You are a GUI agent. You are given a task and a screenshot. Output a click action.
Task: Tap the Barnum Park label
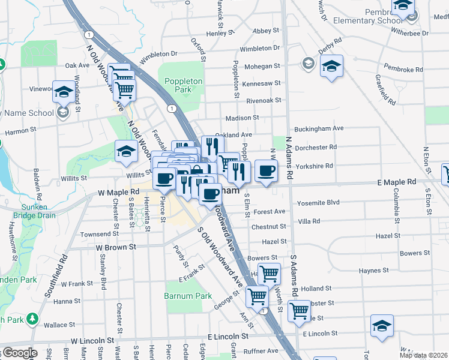[x=188, y=296]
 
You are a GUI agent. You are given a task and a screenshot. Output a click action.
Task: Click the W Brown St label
[x=112, y=247]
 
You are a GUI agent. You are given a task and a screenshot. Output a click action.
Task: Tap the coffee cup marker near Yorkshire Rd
[x=266, y=170]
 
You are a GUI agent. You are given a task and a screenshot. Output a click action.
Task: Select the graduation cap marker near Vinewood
[x=63, y=91]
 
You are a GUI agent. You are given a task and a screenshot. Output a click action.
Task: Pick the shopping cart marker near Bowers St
[x=270, y=274]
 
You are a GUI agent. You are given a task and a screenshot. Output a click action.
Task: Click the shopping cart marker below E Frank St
[x=257, y=296]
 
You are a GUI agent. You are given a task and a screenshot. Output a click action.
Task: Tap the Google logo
[x=19, y=353]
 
